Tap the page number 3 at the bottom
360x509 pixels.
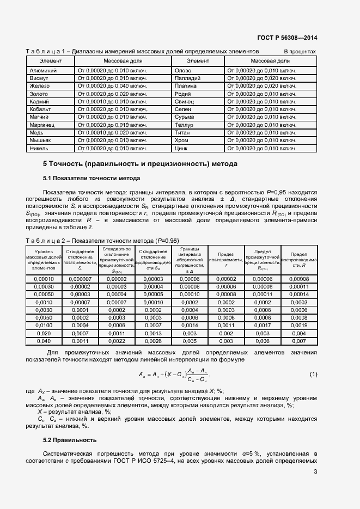pyautogui.click(x=315, y=471)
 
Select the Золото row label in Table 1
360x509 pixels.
pyautogui.click(x=39, y=94)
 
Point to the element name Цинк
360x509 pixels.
pyautogui.click(x=181, y=148)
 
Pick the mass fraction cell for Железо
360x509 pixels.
pyautogui.click(x=113, y=86)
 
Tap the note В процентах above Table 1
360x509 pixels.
pyautogui.click(x=300, y=51)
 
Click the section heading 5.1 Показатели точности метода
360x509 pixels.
pyautogui.click(x=91, y=178)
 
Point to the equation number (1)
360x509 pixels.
pyautogui.click(x=313, y=375)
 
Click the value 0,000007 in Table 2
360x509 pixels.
pyautogui.click(x=80, y=279)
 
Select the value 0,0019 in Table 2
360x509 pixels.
pyautogui.click(x=300, y=325)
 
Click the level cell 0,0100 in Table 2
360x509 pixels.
pyautogui.click(x=44, y=325)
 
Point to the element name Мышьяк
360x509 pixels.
pyautogui.click(x=40, y=140)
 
